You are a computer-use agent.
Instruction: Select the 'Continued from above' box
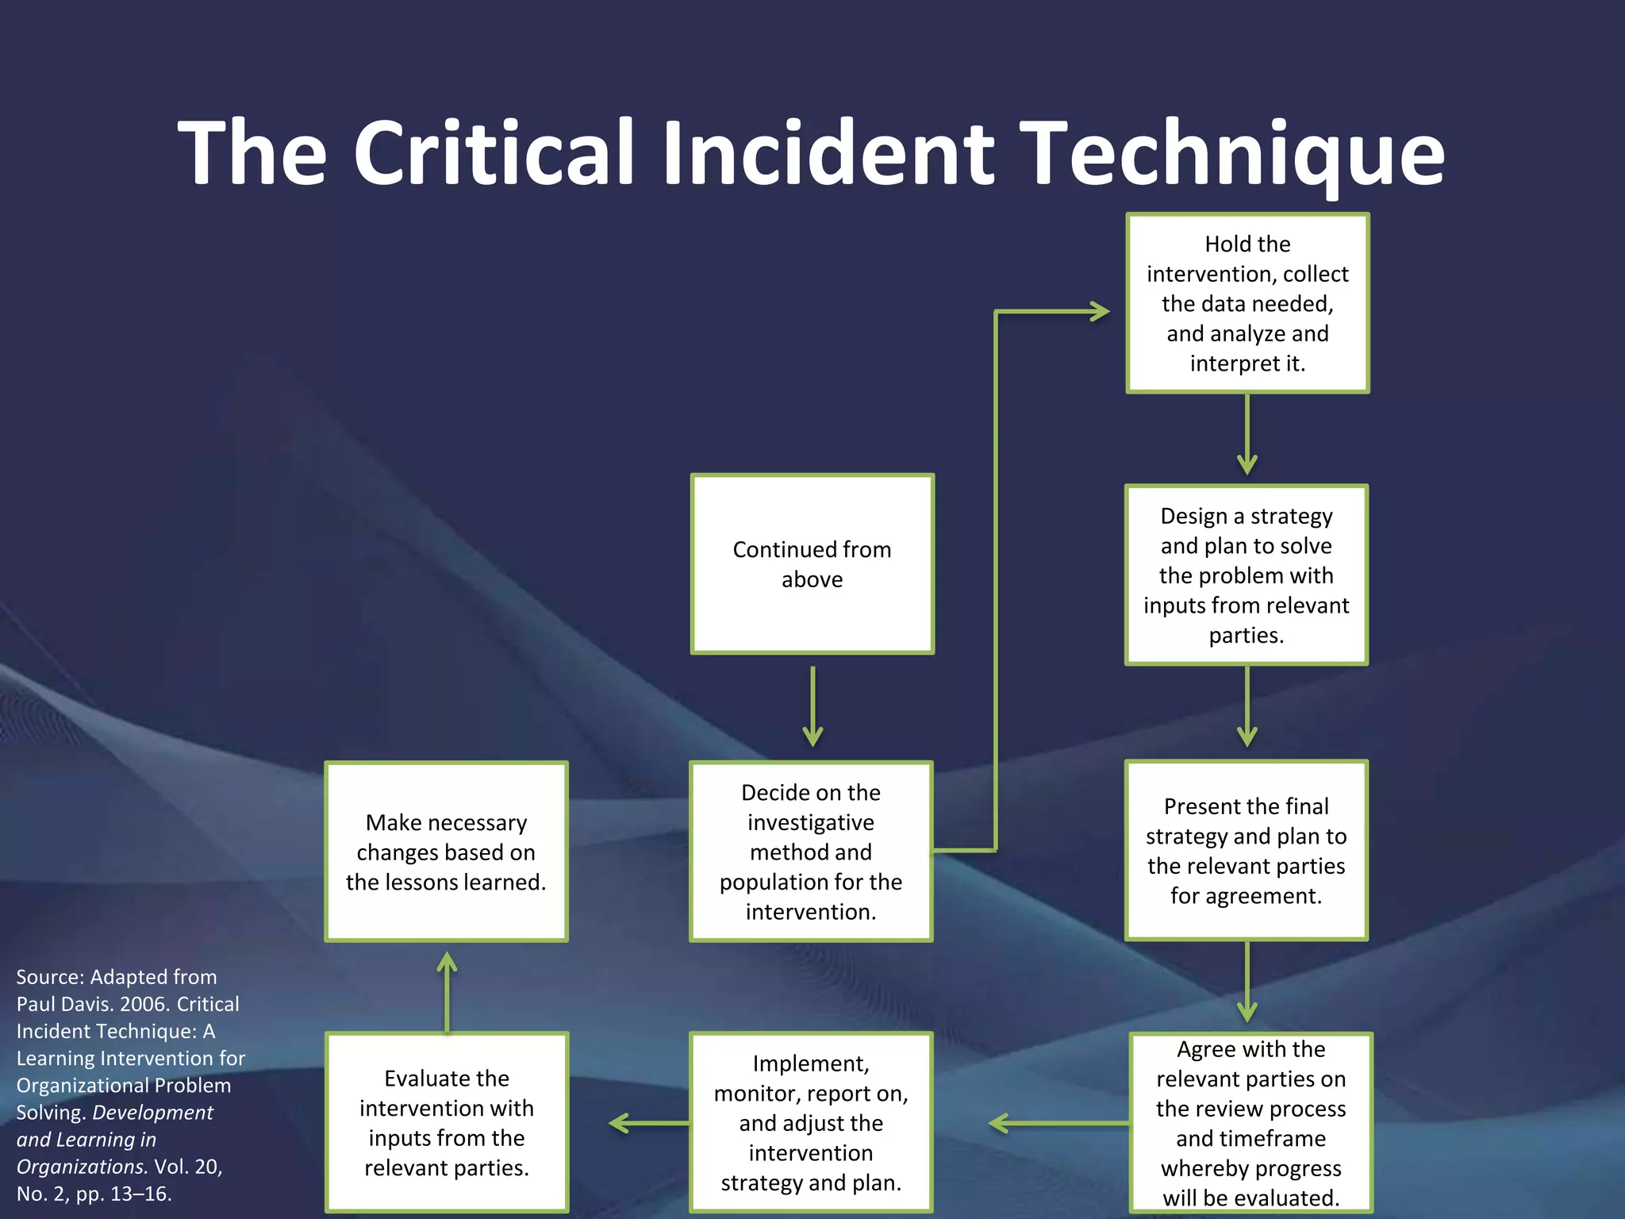[x=812, y=564]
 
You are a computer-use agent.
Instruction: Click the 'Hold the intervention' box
[x=1247, y=303]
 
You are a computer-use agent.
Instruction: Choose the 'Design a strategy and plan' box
[x=1246, y=575]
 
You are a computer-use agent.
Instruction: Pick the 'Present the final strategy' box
[x=1246, y=851]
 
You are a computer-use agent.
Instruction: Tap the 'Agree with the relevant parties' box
[x=1250, y=1123]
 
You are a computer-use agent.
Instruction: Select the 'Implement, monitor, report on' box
[x=811, y=1122]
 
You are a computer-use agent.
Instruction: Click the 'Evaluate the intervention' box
[x=447, y=1122]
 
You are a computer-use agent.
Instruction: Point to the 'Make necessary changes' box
[x=446, y=852]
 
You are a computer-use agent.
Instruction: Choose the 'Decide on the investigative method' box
[x=811, y=852]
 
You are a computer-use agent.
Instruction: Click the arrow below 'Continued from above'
[x=812, y=706]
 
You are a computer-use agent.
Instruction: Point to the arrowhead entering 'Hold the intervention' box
[x=1098, y=312]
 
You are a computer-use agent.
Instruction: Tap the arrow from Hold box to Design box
[x=1247, y=435]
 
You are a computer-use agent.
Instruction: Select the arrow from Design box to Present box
[x=1247, y=706]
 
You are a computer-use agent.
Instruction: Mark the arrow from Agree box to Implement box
[x=1059, y=1123]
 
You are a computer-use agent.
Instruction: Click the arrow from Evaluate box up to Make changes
[x=448, y=992]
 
